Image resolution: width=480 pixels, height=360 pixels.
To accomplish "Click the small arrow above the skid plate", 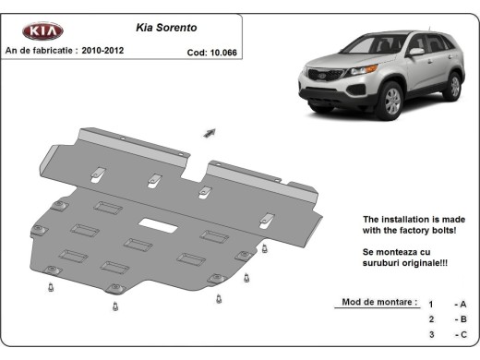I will click(x=209, y=133).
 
